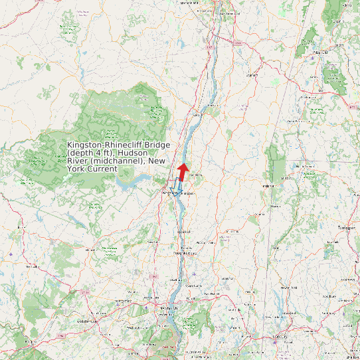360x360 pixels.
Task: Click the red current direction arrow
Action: [183, 170]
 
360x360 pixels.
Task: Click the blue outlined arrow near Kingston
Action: [178, 187]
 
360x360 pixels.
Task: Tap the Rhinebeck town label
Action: [195, 175]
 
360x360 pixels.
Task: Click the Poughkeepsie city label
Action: [185, 253]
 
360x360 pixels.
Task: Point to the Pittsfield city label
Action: [320, 52]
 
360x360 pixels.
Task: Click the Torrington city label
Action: [346, 228]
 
